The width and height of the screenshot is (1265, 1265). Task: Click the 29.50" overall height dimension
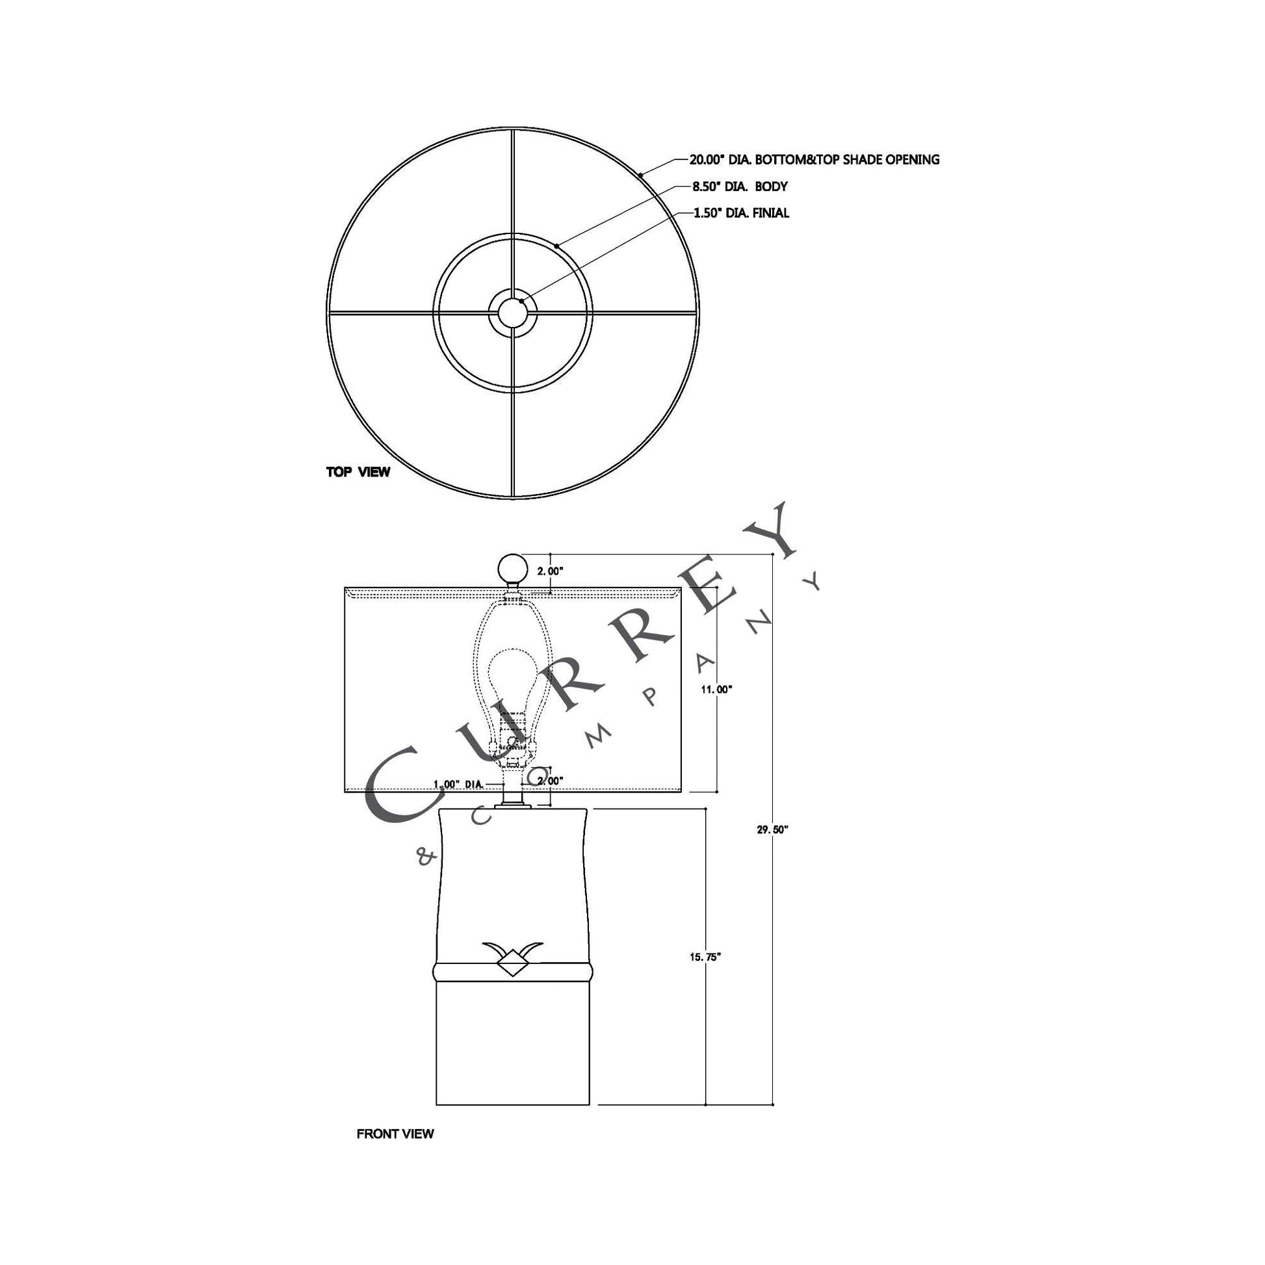773,829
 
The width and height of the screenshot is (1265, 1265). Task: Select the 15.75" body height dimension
705,957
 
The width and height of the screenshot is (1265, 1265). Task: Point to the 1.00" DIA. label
459,784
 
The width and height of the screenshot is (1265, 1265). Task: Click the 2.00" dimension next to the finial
550,571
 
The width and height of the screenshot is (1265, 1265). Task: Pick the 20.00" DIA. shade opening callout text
814,160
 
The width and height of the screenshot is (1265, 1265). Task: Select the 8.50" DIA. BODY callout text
740,187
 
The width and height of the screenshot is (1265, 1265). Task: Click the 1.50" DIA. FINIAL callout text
741,213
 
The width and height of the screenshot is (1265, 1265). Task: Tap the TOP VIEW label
358,471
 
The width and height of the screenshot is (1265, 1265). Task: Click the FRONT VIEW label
395,1134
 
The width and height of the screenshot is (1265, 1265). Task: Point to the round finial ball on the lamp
512,567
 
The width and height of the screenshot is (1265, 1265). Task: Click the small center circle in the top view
513,312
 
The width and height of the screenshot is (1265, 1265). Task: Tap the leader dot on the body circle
556,246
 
